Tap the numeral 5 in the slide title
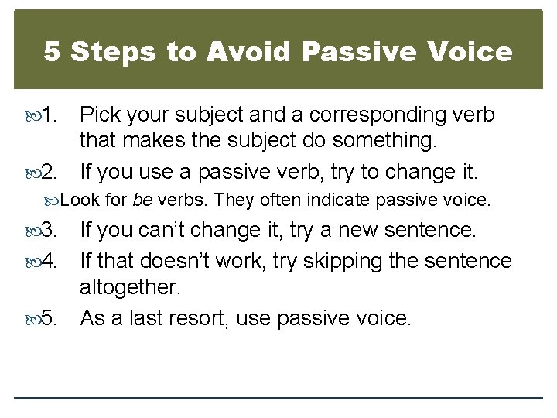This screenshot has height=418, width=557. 53,52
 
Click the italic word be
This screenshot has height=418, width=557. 142,200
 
